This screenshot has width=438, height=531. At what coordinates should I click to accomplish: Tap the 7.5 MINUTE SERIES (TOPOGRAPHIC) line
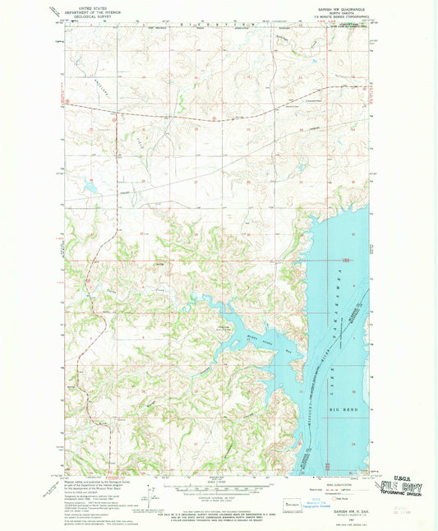click(x=339, y=16)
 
